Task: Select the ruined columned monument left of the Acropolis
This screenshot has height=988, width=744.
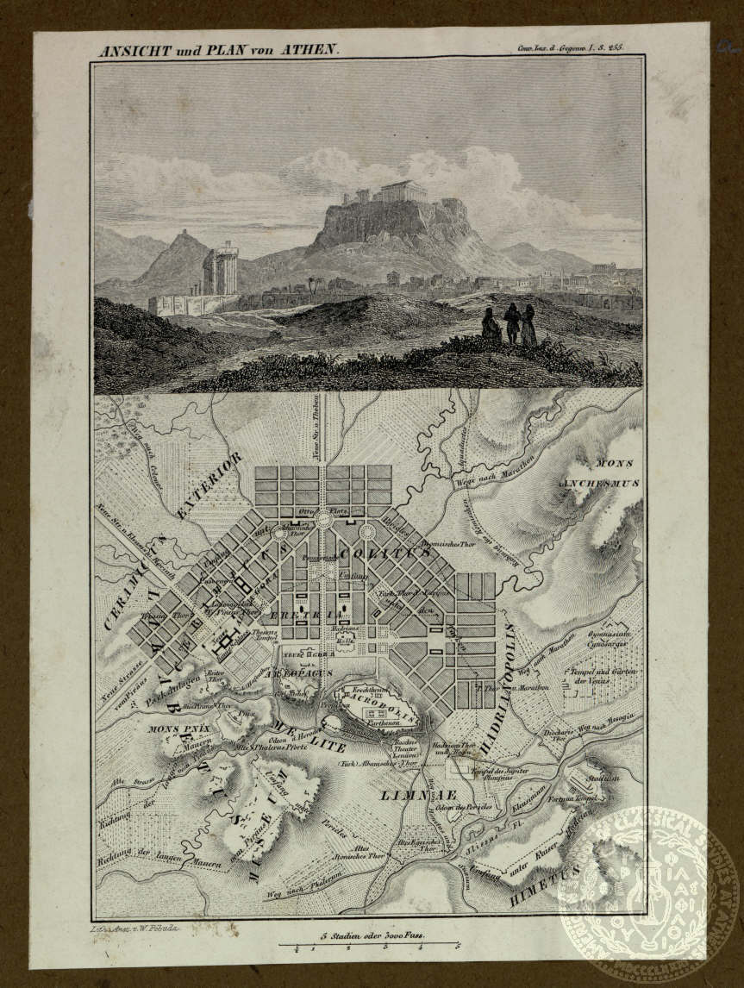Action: point(220,268)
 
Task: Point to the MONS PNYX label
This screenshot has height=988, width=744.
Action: point(181,729)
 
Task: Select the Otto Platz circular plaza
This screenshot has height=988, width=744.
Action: point(323,519)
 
